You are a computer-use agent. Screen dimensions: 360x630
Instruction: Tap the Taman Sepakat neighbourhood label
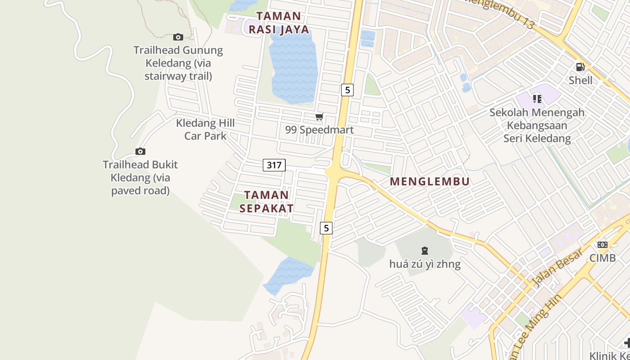[x=266, y=202]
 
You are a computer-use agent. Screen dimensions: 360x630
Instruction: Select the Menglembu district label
[x=430, y=182]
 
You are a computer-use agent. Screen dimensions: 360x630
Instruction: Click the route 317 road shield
[x=274, y=165]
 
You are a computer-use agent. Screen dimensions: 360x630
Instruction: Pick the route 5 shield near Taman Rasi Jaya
[x=347, y=90]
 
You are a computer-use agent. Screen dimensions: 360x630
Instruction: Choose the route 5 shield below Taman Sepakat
[x=326, y=228]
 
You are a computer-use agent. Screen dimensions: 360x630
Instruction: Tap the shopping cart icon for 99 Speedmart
[x=319, y=117]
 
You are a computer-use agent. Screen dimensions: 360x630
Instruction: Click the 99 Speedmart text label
[x=319, y=130]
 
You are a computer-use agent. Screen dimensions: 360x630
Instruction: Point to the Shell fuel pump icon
[x=580, y=67]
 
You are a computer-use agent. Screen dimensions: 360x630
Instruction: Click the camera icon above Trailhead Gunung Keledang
[x=178, y=37]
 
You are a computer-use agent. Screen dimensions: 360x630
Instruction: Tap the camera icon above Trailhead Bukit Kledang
[x=140, y=152]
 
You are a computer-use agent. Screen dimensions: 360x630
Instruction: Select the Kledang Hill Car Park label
[x=205, y=129]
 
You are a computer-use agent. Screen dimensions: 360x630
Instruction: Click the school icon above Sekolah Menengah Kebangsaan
[x=537, y=99]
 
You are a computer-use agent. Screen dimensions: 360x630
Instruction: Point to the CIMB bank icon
[x=603, y=245]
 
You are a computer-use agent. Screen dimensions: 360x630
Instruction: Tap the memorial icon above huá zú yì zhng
[x=424, y=250]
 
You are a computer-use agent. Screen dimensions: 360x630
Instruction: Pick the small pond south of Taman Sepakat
[x=288, y=273]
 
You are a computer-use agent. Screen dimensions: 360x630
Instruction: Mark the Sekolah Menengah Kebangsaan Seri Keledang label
[x=537, y=126]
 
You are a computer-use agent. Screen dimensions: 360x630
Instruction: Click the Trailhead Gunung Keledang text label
[x=178, y=63]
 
